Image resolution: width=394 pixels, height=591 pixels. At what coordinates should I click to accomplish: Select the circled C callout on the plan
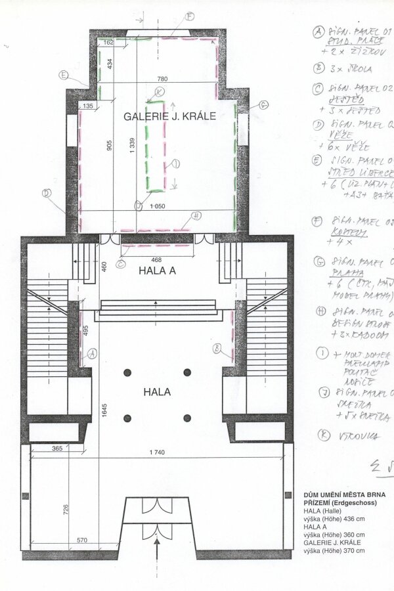(x=121, y=264)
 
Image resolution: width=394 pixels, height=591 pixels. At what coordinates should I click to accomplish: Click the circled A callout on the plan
(x=93, y=353)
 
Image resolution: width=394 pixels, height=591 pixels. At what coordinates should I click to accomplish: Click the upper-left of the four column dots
(x=127, y=372)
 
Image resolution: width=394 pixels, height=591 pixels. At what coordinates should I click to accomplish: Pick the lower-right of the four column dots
(x=187, y=418)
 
